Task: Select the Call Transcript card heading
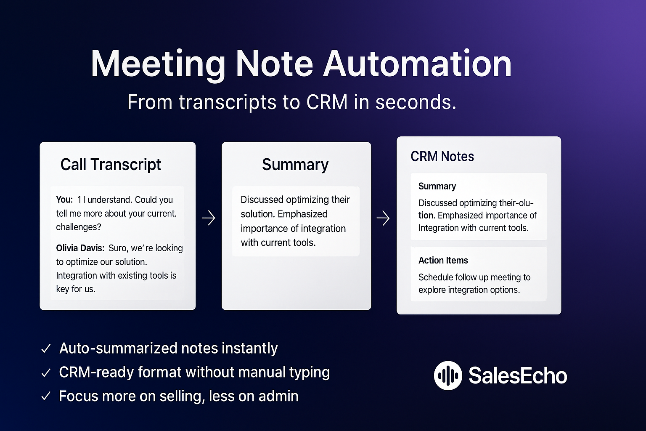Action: click(x=111, y=165)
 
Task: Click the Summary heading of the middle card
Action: click(x=295, y=165)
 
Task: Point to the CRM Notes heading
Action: click(x=442, y=157)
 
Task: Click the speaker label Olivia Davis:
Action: click(x=80, y=248)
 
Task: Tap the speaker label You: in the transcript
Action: click(x=64, y=200)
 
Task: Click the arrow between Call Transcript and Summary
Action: click(x=209, y=218)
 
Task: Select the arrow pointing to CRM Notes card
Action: click(x=383, y=218)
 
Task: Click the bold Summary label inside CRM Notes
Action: click(x=437, y=186)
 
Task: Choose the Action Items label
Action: click(x=443, y=261)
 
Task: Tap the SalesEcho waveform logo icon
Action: click(x=448, y=375)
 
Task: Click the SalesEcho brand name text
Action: click(x=518, y=375)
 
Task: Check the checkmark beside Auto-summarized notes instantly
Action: click(x=46, y=349)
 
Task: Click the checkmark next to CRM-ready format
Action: click(x=46, y=372)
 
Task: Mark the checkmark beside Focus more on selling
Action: click(x=46, y=396)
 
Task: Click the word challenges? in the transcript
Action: click(x=79, y=227)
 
